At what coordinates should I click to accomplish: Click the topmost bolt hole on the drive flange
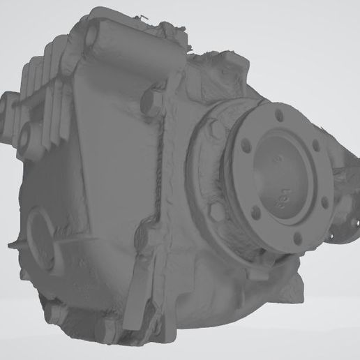click(x=280, y=114)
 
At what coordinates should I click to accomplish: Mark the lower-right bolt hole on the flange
click(x=323, y=204)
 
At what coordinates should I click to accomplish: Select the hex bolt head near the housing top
click(x=150, y=103)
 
